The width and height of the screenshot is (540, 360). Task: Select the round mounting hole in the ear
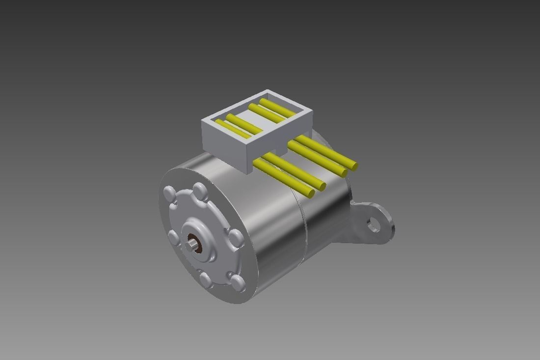[x=374, y=225]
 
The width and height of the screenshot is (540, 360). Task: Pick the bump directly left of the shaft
[x=173, y=238]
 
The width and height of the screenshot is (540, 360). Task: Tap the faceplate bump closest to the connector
[x=200, y=190]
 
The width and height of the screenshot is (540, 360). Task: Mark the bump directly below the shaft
[x=206, y=279]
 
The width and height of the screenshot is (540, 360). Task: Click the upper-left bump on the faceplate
[x=169, y=193]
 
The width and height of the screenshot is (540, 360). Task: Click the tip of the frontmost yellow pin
[x=310, y=194]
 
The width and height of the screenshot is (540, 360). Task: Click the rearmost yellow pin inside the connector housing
[x=277, y=109]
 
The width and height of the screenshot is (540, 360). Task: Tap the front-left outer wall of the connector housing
[x=223, y=145]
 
